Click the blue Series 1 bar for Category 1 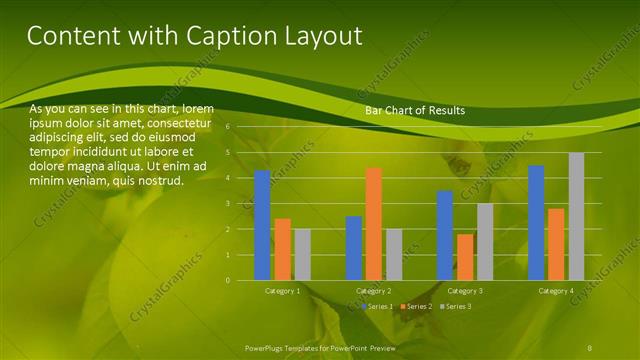click(x=262, y=225)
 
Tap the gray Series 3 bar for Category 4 click(x=576, y=216)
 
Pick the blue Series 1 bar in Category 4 click(x=536, y=222)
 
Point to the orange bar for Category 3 click(x=465, y=257)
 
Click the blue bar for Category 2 click(x=354, y=248)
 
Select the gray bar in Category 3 click(x=485, y=241)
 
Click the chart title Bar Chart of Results click(x=414, y=110)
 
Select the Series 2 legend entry click(x=417, y=305)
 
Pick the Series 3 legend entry click(x=457, y=305)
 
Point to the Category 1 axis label click(x=282, y=290)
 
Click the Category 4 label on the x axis click(x=556, y=290)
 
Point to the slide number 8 click(x=590, y=346)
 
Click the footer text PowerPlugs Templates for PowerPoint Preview click(x=320, y=346)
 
